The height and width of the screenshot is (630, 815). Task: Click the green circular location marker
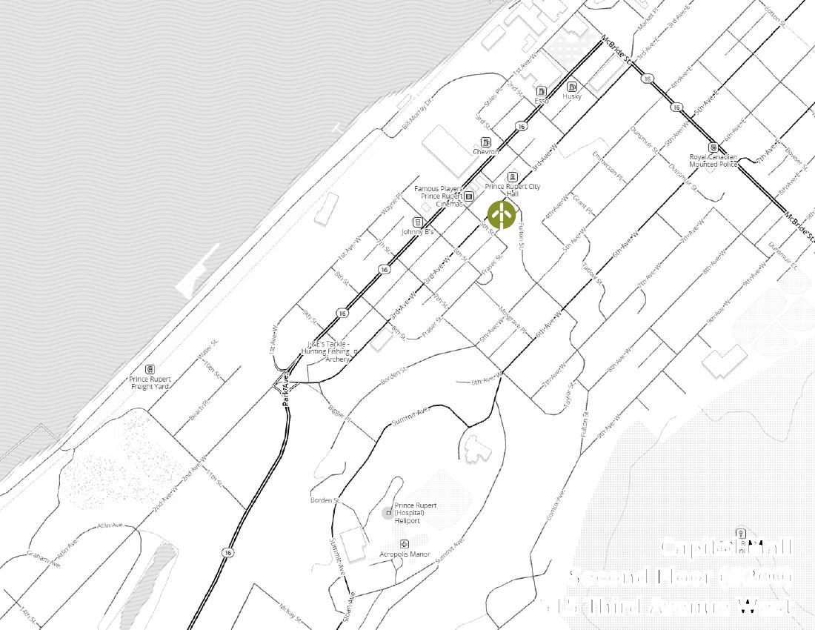[502, 215]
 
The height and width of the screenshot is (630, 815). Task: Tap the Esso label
[542, 101]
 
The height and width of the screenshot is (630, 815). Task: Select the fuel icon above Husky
[572, 87]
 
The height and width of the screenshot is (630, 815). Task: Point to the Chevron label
[486, 152]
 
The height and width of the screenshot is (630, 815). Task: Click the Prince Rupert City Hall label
[513, 190]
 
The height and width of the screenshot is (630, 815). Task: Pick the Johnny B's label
[417, 232]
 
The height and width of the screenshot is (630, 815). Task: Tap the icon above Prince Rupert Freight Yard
[150, 369]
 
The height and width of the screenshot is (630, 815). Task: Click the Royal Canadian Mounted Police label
[713, 161]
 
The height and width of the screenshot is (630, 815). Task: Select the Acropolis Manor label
[405, 554]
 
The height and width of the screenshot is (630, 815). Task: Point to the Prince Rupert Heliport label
[415, 513]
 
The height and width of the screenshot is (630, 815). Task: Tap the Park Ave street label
[285, 391]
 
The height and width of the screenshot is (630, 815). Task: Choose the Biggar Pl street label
[339, 413]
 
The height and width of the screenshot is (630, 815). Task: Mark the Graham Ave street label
[43, 559]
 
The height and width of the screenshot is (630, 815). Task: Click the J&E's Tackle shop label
[328, 352]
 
